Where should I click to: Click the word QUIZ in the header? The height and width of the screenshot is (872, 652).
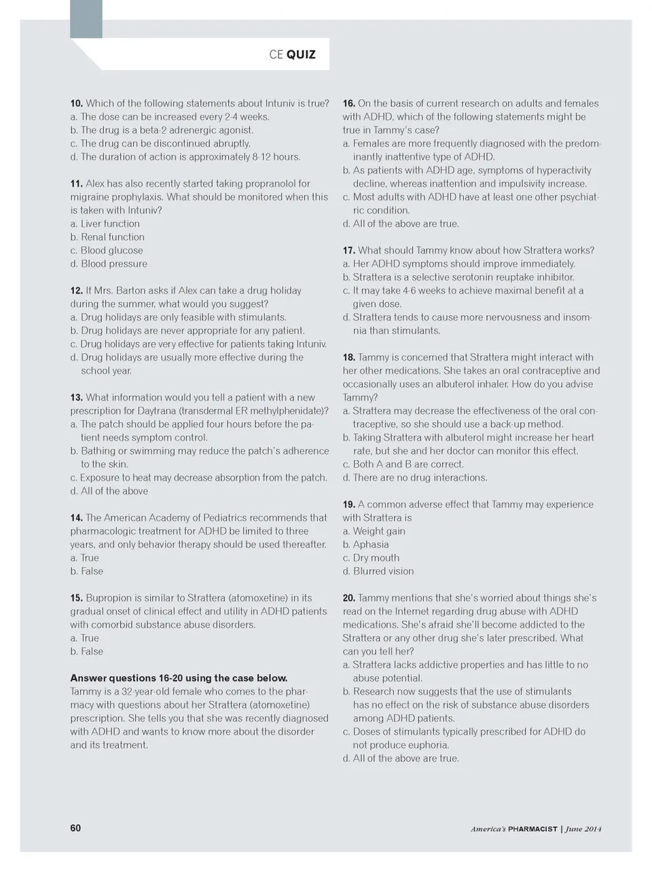(x=301, y=55)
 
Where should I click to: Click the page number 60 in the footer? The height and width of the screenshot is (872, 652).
(x=75, y=828)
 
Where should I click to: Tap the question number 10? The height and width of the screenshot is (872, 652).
(x=76, y=104)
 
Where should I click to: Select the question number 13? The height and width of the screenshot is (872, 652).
(x=76, y=398)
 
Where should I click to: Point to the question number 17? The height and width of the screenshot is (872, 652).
(x=348, y=251)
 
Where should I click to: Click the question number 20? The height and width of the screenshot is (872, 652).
(x=348, y=598)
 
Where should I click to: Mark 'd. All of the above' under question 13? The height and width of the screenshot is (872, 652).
(x=109, y=492)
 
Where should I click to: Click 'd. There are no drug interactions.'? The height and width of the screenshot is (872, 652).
(x=415, y=478)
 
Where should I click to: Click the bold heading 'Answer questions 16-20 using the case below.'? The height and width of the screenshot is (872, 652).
(x=179, y=678)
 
